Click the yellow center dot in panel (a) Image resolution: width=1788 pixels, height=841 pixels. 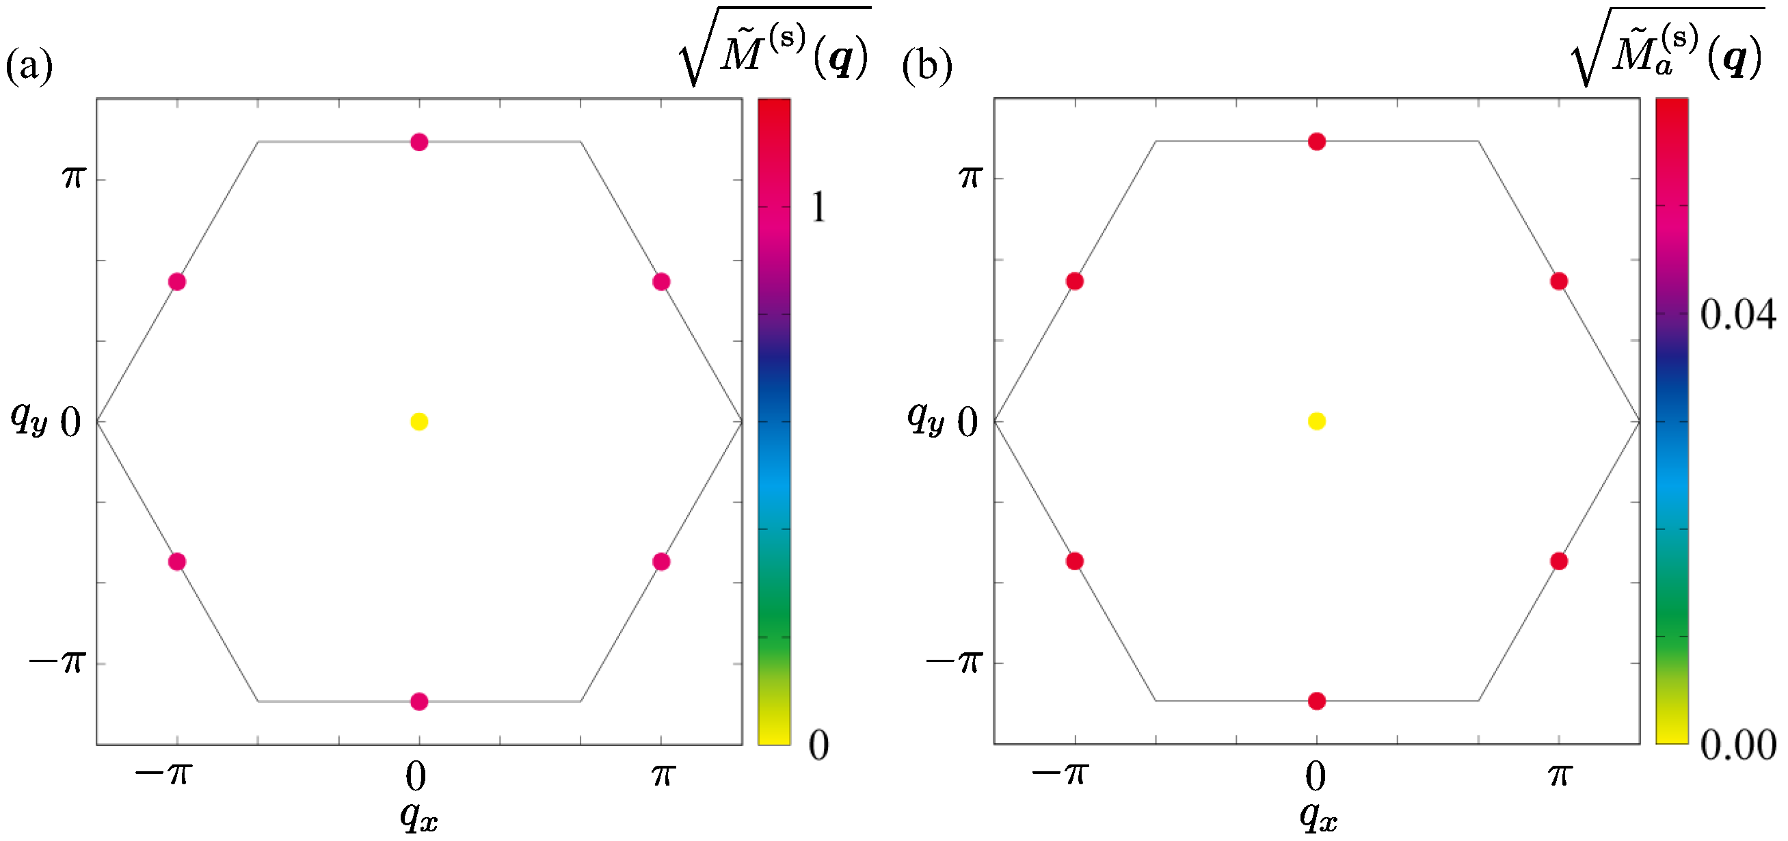[x=419, y=421]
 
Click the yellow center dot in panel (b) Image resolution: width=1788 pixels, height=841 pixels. [x=1317, y=421]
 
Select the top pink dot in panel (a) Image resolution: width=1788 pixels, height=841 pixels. [x=419, y=142]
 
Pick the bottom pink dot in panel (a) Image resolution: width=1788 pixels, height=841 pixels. [x=419, y=702]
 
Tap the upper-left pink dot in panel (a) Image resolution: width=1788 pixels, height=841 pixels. [x=177, y=282]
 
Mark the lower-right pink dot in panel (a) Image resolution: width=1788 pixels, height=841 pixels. [x=661, y=561]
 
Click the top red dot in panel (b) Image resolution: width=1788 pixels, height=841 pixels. [x=1317, y=142]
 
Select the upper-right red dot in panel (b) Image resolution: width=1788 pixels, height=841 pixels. [x=1559, y=281]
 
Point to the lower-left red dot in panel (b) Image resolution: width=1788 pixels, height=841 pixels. [x=1074, y=561]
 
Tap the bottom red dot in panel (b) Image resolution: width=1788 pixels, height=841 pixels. [x=1317, y=701]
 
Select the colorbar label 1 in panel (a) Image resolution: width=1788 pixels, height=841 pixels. [x=819, y=206]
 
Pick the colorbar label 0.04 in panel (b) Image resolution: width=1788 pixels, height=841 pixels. [x=1737, y=315]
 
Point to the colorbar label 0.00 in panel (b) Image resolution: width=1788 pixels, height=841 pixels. [x=1737, y=745]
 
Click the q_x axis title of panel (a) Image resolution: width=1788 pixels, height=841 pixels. [x=419, y=815]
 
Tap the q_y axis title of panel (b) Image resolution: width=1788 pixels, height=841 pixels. [x=926, y=418]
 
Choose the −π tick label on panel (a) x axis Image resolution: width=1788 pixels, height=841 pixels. [x=164, y=773]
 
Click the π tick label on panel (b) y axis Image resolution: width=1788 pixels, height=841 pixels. [x=970, y=176]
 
